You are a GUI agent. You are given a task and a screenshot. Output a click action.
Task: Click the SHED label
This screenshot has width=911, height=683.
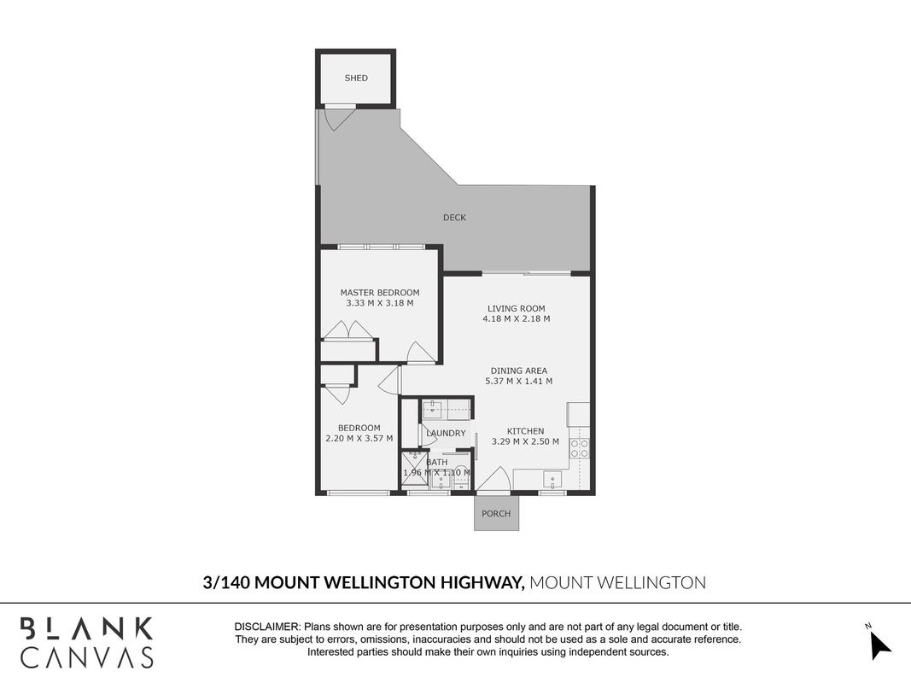pyautogui.click(x=356, y=78)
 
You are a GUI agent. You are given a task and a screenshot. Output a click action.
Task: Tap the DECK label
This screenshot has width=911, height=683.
pyautogui.click(x=454, y=217)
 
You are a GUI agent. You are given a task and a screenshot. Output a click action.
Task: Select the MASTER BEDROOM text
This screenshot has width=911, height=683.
pyautogui.click(x=380, y=293)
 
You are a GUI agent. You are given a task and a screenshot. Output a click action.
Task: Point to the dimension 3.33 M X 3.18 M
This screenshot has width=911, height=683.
pyautogui.click(x=380, y=303)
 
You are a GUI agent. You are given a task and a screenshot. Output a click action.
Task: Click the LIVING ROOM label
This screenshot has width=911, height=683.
pyautogui.click(x=517, y=308)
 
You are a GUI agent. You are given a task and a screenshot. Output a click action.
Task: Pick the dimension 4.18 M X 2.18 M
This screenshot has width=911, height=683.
pyautogui.click(x=517, y=318)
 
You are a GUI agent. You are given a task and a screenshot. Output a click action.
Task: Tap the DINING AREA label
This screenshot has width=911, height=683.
pyautogui.click(x=519, y=371)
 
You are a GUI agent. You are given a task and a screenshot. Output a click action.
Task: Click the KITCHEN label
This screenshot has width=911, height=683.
pyautogui.click(x=526, y=431)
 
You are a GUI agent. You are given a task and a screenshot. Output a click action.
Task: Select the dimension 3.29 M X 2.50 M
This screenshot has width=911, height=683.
pyautogui.click(x=526, y=441)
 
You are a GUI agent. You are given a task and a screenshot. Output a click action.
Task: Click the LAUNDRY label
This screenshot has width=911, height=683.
pyautogui.click(x=447, y=433)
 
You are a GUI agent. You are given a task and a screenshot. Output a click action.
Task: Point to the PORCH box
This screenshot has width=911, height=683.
pyautogui.click(x=496, y=513)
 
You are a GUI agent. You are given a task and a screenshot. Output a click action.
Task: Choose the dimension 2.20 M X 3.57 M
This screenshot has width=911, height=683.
pyautogui.click(x=359, y=439)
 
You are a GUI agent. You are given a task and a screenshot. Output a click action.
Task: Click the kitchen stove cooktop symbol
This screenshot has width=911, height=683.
pyautogui.click(x=579, y=447)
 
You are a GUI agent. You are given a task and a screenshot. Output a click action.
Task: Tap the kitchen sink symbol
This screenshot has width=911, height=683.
pyautogui.click(x=552, y=480)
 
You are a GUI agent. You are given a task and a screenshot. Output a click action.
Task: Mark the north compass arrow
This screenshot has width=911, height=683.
pyautogui.click(x=880, y=645)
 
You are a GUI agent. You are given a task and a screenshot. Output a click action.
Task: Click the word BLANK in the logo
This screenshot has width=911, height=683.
pyautogui.click(x=86, y=629)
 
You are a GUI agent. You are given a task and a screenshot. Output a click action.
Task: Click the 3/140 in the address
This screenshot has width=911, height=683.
pyautogui.click(x=226, y=582)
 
